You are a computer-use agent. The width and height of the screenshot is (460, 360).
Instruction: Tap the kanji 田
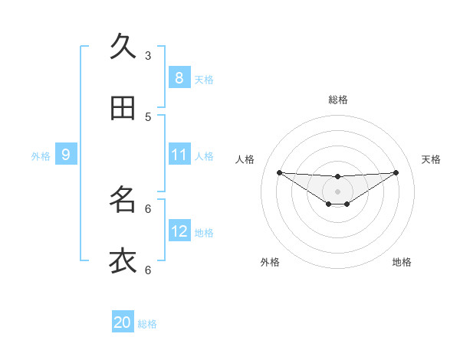click(x=123, y=108)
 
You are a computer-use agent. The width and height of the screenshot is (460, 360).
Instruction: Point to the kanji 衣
click(x=123, y=260)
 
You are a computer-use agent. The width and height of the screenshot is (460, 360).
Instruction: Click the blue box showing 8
click(x=179, y=77)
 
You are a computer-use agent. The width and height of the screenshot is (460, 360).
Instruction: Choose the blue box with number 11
click(x=179, y=155)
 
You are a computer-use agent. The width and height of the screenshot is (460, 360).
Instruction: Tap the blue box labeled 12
click(x=179, y=231)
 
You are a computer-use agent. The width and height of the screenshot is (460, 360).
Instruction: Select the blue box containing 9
click(x=66, y=155)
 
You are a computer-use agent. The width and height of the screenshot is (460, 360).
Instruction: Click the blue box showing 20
click(x=123, y=322)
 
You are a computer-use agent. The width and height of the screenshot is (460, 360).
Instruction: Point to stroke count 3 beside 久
click(x=148, y=55)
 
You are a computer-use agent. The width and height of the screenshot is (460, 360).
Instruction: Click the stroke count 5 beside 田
click(x=148, y=116)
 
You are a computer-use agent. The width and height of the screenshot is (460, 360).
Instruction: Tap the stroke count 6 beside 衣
click(x=148, y=270)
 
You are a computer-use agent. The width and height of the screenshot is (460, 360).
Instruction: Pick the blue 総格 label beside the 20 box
click(x=147, y=324)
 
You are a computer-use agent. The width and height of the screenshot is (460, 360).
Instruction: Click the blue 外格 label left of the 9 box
click(x=41, y=156)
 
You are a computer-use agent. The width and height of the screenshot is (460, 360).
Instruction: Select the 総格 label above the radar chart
click(x=338, y=100)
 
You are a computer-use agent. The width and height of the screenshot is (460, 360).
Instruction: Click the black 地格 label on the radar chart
click(x=402, y=262)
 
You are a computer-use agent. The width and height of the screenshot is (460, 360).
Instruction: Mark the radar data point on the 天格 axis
click(x=396, y=172)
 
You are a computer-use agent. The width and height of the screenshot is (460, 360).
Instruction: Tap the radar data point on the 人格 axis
click(x=279, y=172)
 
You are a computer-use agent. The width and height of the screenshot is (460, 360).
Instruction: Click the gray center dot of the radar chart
click(x=337, y=191)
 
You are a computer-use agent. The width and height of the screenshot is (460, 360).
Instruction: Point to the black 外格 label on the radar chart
click(x=270, y=262)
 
